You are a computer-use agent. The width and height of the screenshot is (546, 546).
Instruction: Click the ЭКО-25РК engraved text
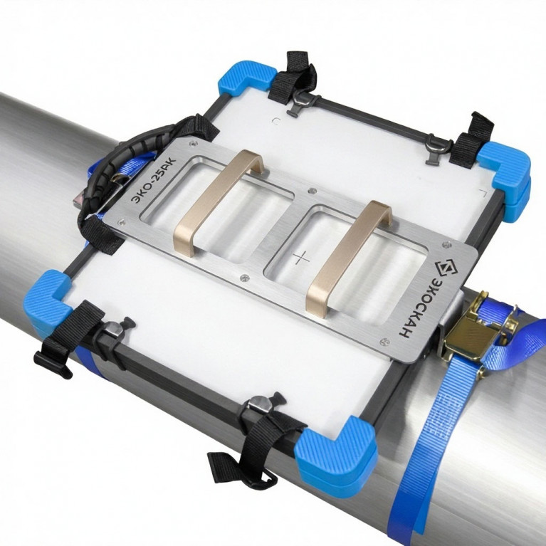tap(153, 180)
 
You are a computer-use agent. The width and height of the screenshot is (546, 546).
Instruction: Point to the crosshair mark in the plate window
tap(301, 258)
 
